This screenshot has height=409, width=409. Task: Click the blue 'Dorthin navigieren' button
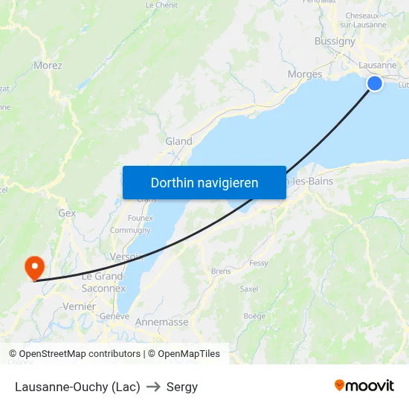click(x=204, y=182)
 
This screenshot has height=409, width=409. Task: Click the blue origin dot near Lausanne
click(x=375, y=83)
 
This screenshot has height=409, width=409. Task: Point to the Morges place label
click(x=305, y=74)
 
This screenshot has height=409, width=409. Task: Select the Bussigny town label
click(x=335, y=42)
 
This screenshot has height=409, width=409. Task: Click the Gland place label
click(x=178, y=141)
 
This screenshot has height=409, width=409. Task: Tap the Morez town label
click(x=48, y=65)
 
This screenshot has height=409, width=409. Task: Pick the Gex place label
click(x=67, y=213)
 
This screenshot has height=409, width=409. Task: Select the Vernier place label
click(x=80, y=306)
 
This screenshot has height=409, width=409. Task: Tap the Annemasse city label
click(x=161, y=322)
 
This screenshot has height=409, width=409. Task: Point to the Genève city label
click(x=115, y=316)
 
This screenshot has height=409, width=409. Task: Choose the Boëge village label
click(x=254, y=316)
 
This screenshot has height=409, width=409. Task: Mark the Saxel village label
click(x=249, y=289)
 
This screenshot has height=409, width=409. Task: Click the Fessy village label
click(x=259, y=263)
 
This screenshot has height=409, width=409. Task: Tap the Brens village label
click(x=221, y=271)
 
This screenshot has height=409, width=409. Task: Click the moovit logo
click(x=364, y=386)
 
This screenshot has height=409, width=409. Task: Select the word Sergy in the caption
click(x=182, y=387)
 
